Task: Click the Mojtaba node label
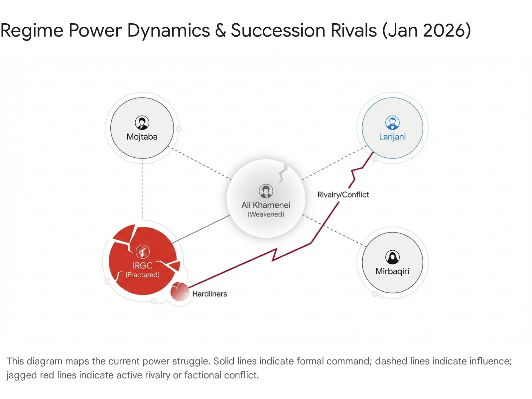142,137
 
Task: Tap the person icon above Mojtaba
142,123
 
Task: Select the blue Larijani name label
392,137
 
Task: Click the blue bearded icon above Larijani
392,123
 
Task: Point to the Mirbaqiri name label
392,271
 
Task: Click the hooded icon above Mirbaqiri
392,257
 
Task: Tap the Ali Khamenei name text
266,205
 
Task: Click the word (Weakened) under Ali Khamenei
266,214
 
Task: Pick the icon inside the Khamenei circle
266,191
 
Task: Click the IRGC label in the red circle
142,265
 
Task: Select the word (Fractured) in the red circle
142,275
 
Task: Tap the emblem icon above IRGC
143,252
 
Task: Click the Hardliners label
209,294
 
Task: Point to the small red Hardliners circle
180,291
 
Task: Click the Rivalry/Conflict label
343,195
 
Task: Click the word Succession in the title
278,31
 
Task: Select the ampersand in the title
220,31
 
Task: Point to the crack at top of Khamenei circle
283,173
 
